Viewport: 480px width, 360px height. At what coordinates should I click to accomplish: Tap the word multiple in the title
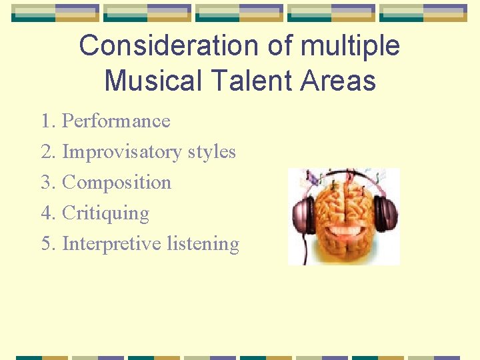click(x=351, y=46)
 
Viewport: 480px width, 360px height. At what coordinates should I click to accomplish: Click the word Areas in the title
click(x=338, y=81)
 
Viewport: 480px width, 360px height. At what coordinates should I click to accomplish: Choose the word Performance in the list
click(x=116, y=121)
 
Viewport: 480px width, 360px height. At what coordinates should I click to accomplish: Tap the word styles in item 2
click(x=212, y=152)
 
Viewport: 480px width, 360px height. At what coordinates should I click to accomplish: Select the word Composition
click(x=117, y=183)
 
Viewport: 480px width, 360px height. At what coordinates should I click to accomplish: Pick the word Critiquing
click(x=105, y=213)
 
